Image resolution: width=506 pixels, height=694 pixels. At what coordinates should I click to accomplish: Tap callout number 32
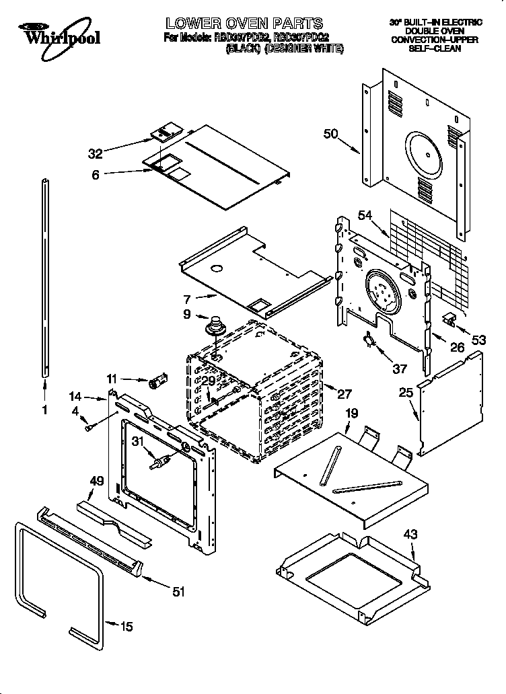point(96,153)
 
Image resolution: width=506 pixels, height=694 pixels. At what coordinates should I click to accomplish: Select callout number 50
point(330,134)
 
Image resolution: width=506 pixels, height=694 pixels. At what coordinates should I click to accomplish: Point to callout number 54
point(365,215)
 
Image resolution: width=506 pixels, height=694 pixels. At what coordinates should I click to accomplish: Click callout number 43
point(410,535)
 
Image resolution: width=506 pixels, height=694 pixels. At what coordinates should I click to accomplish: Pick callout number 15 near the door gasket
point(126,627)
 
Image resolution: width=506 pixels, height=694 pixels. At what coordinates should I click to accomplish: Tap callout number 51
point(178,591)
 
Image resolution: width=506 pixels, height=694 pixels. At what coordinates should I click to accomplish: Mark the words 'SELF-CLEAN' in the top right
point(435,49)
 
